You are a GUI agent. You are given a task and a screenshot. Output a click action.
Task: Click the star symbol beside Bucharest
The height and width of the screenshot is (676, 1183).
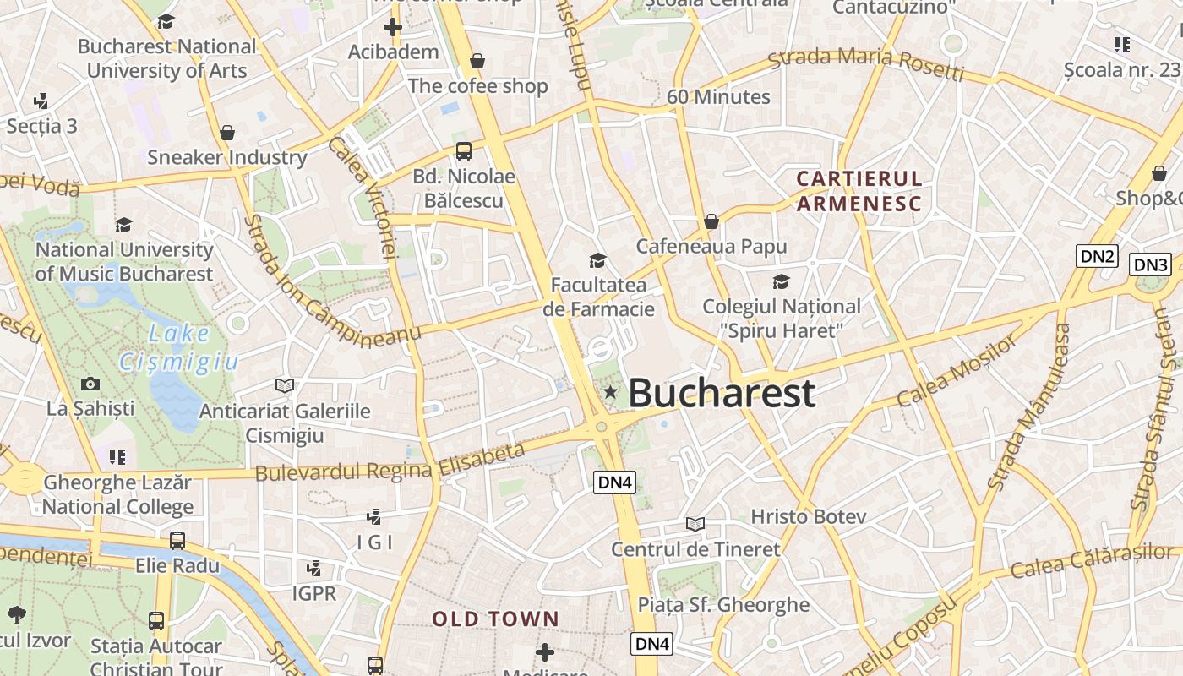610,392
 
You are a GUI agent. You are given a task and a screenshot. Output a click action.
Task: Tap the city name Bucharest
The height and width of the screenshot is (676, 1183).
722,393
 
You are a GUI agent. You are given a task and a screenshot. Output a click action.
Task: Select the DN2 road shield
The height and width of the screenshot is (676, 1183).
1097,256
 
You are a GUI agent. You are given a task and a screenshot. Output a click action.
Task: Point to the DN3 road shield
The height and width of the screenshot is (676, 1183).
1150,264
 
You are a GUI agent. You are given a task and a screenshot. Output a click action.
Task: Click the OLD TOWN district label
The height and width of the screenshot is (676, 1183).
495,619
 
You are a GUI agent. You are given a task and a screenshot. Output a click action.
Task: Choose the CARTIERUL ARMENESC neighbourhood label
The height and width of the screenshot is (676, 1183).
859,191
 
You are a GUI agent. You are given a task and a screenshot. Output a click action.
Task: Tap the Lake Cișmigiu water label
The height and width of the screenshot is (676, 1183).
178,347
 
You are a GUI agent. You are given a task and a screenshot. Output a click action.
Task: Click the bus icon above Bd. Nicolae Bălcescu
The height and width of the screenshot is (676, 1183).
463,151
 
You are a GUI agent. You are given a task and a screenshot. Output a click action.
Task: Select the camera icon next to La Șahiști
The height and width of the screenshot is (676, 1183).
90,384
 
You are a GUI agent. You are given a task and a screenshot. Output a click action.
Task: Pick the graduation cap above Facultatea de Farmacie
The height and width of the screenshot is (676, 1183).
598,260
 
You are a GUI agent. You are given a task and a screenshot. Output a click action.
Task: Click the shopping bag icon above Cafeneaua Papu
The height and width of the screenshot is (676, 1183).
711,221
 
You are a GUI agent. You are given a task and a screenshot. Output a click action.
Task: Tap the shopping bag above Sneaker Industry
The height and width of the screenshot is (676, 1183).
226,133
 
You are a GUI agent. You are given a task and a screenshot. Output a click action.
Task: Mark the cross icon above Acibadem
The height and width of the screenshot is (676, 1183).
393,27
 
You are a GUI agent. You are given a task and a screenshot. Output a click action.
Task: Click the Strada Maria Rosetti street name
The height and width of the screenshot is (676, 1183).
865,65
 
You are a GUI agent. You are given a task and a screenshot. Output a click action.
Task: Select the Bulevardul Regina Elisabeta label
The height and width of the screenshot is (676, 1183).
390,463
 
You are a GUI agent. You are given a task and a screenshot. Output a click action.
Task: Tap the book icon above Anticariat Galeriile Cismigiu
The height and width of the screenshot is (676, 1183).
285,385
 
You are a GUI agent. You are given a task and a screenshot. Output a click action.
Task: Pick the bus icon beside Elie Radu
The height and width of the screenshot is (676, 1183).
177,540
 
